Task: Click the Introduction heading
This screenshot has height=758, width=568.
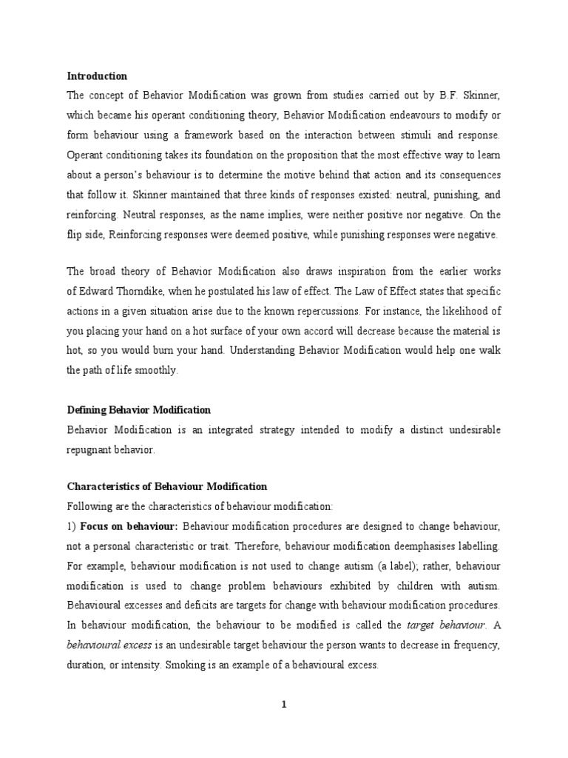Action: tap(97, 76)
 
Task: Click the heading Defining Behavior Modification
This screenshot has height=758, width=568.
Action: tap(139, 409)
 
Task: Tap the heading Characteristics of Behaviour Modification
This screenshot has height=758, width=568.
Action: tap(167, 486)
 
